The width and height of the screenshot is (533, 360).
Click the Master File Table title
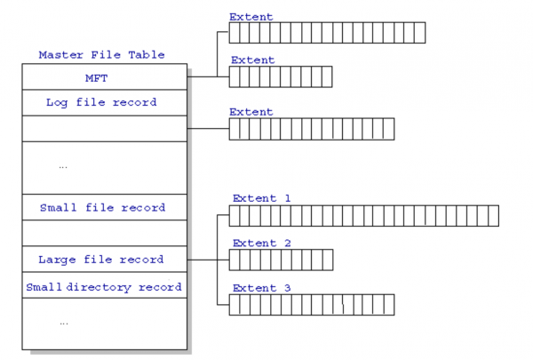[x=101, y=55]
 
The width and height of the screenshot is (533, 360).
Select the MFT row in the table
[x=104, y=77]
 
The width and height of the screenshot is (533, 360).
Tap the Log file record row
[x=104, y=103]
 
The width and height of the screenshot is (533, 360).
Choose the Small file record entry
[x=104, y=207]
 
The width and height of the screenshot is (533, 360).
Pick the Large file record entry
[x=104, y=260]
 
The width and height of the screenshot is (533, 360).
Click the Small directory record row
[x=104, y=285]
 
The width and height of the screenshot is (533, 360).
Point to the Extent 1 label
[x=262, y=198]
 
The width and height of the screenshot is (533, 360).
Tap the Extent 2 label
[x=262, y=243]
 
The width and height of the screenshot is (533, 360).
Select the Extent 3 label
[x=262, y=288]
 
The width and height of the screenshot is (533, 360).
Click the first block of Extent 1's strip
[x=235, y=216]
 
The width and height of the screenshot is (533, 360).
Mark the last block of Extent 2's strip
[x=328, y=260]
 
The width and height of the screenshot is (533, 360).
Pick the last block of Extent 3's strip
[x=389, y=305]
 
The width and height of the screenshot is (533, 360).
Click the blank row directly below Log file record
[x=104, y=129]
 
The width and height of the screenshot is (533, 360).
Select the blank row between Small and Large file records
[x=104, y=233]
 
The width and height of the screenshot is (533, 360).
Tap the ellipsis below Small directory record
[x=64, y=324]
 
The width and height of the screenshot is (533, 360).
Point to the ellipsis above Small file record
[x=63, y=167]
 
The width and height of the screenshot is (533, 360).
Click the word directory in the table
[x=99, y=287]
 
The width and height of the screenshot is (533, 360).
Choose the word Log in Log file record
[x=57, y=103]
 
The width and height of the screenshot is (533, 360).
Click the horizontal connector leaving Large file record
[x=208, y=260]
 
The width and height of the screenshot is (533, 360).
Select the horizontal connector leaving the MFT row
[x=208, y=77]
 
